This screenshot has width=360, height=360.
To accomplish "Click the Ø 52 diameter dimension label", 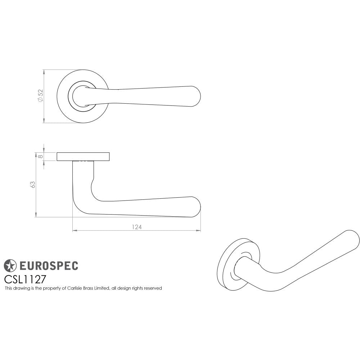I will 40,96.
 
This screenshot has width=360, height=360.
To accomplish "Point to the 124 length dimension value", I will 137,227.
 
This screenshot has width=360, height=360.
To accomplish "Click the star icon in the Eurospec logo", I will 10,266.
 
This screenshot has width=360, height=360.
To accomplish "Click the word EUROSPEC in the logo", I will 48,266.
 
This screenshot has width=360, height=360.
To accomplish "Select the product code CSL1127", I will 25,279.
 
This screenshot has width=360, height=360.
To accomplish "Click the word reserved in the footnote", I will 153,288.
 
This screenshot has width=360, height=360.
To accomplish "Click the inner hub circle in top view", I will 81,96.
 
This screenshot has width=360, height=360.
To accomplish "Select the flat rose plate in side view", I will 83,157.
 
